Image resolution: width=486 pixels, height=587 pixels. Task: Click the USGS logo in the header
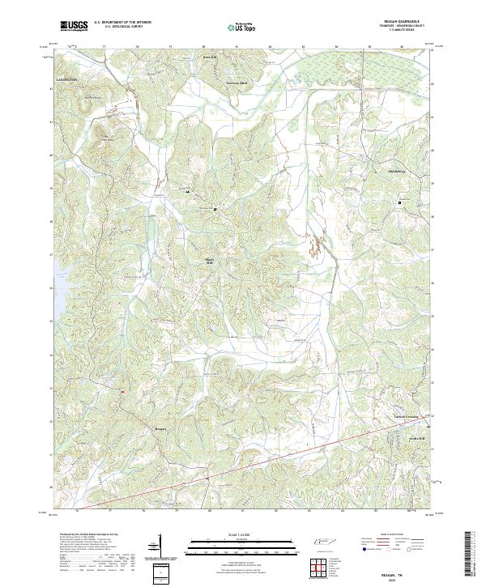tap(74, 26)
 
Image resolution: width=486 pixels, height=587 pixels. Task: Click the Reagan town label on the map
tap(160, 428)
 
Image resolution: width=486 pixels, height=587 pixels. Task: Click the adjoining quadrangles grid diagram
tap(319, 567)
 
